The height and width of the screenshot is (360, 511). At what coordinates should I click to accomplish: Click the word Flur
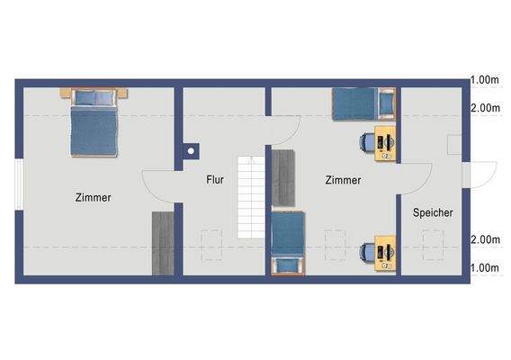(x=214, y=180)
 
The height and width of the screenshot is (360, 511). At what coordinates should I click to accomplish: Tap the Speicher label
(x=433, y=213)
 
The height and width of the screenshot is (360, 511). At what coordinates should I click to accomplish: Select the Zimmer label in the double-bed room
(x=94, y=198)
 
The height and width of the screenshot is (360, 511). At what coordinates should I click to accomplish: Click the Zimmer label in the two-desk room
(x=343, y=180)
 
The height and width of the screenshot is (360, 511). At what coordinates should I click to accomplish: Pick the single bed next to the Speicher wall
(x=363, y=103)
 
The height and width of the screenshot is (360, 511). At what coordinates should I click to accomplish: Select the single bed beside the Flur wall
(x=289, y=243)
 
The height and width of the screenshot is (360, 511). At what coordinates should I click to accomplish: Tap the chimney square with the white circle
(x=190, y=151)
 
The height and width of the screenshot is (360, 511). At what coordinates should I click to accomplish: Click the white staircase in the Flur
(x=248, y=198)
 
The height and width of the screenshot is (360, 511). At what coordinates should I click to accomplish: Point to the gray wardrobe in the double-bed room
(x=163, y=243)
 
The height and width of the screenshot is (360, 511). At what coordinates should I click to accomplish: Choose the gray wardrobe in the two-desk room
(x=283, y=178)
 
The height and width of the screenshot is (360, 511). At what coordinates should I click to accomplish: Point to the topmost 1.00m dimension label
(x=485, y=81)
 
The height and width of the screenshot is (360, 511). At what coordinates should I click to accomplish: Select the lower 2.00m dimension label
(x=485, y=239)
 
